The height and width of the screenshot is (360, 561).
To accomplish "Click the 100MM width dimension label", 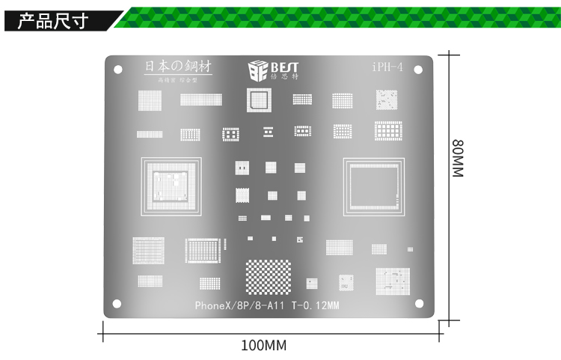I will click(x=263, y=346).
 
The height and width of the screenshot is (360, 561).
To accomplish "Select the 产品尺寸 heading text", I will click(x=53, y=20).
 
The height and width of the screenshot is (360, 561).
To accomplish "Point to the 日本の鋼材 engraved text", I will click(x=177, y=67).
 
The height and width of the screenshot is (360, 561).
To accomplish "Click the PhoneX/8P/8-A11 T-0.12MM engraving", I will click(x=267, y=305).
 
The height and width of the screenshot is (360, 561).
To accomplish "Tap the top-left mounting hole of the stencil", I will click(x=117, y=70).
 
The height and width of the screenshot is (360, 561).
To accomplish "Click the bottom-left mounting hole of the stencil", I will click(x=117, y=303).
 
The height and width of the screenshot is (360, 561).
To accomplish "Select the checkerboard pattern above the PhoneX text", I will click(x=269, y=277).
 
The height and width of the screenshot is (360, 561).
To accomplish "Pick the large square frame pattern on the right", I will click(x=373, y=186).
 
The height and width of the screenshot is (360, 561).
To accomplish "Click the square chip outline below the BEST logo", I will click(x=259, y=100).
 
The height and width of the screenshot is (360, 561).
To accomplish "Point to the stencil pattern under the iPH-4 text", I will click(x=387, y=100).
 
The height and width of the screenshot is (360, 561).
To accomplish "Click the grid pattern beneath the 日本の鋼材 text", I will click(x=150, y=100).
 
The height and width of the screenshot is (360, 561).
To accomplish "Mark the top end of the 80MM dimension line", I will click(x=448, y=53).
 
